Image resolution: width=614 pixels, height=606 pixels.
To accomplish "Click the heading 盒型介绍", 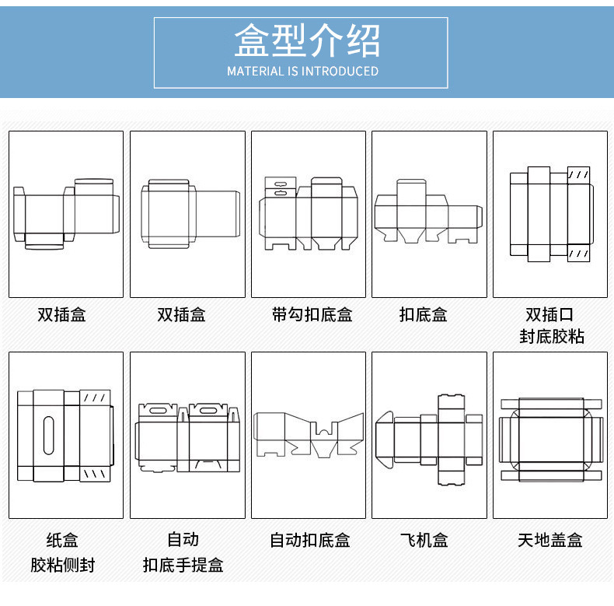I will coord(307,40).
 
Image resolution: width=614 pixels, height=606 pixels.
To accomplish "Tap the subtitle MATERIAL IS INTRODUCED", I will coord(302,72).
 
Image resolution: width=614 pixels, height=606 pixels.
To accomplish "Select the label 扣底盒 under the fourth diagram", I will coord(424,315).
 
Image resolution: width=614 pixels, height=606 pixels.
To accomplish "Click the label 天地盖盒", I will coord(549,540).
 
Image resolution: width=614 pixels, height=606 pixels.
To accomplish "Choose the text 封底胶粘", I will coord(551,337).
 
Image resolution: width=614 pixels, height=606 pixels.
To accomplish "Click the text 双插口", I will coord(549,315).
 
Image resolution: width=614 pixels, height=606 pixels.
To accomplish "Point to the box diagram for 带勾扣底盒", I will coord(308,213).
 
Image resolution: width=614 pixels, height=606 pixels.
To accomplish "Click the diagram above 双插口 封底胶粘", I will coord(549,214).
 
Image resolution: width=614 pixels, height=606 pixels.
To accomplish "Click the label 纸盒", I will coord(62,540).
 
